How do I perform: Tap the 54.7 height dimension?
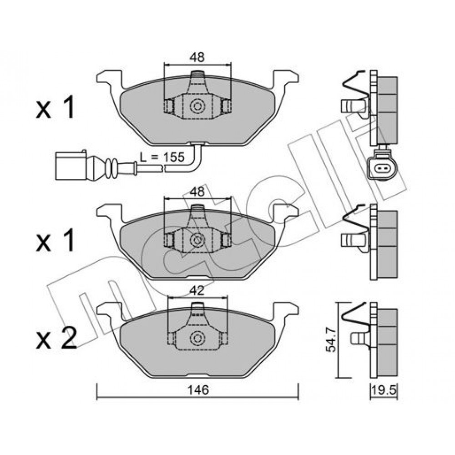(x=330, y=339)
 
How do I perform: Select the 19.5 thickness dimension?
(x=384, y=391)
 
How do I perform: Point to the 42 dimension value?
(x=197, y=291)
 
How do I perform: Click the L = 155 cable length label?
(x=162, y=157)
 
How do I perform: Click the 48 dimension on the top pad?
(x=197, y=57)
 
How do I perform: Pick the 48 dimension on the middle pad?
(x=197, y=192)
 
